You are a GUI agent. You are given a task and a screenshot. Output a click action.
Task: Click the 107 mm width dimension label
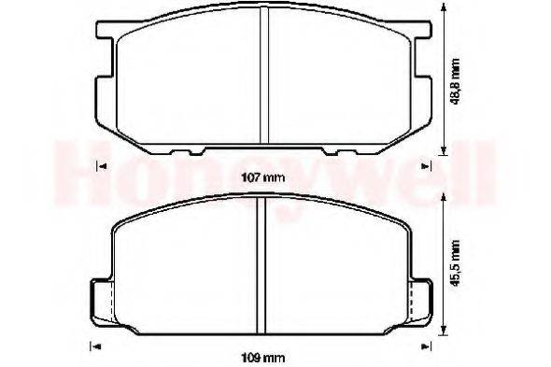[x=264, y=178]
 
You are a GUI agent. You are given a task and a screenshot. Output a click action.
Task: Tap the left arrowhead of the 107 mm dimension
[x=101, y=166]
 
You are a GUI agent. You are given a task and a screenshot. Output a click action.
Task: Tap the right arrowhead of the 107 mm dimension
[x=425, y=166]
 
